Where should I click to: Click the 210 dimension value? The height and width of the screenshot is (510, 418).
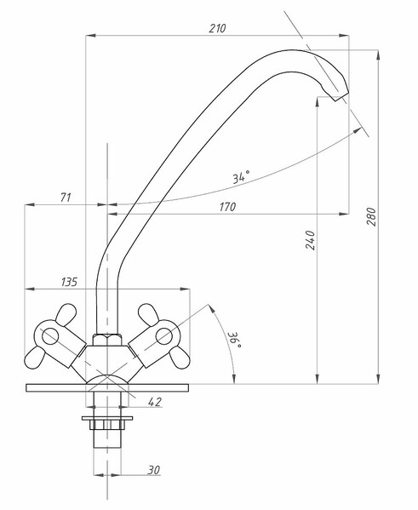point(217,29)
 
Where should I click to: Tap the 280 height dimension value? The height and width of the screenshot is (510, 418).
point(372,216)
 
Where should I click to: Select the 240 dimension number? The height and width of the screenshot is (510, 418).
point(311,240)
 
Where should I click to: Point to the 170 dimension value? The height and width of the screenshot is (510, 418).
point(227,207)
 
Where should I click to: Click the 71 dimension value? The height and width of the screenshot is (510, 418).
point(66,198)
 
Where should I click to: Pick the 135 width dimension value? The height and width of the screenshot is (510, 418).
point(69,282)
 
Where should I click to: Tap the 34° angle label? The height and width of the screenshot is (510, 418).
point(241,177)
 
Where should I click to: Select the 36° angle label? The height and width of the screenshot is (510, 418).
point(235,340)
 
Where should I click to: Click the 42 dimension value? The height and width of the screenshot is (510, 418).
point(155,402)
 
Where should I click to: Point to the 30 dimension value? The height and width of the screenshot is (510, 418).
point(154,470)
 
